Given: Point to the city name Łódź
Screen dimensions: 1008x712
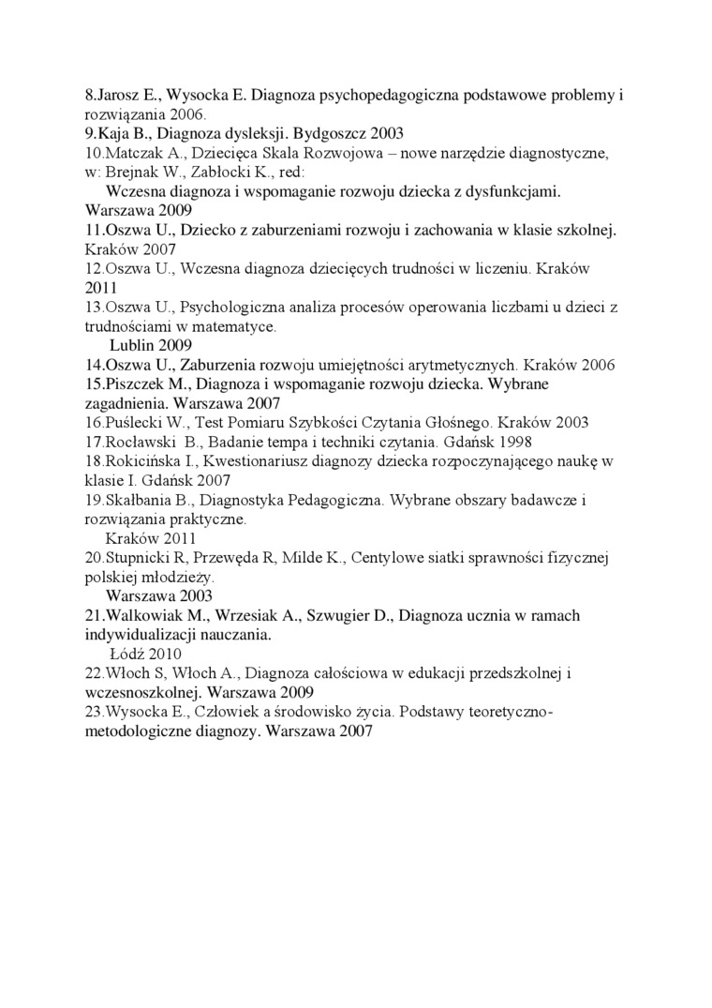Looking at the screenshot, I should coord(127,654).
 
